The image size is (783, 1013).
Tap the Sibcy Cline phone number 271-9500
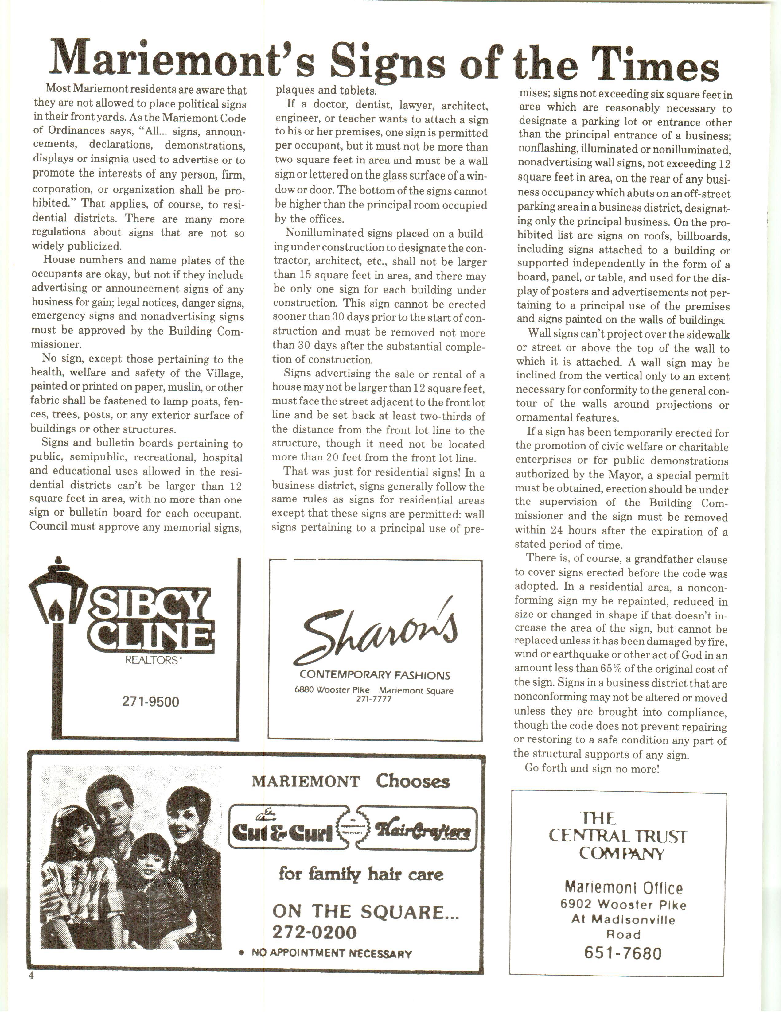tap(150, 702)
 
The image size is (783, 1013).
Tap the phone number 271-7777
tap(374, 699)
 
